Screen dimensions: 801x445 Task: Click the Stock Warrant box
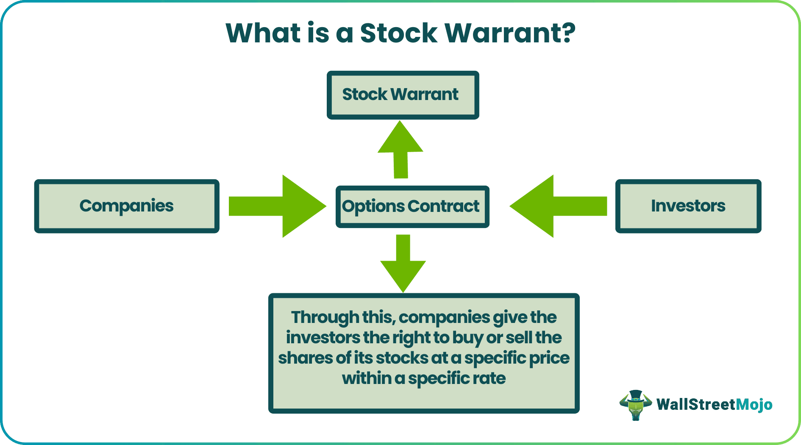tap(403, 95)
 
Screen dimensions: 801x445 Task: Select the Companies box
tap(127, 206)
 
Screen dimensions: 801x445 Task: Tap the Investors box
tap(688, 206)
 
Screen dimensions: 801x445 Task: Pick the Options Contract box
tap(412, 206)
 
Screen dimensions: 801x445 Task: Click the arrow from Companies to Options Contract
tap(278, 206)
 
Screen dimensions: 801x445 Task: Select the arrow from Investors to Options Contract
tap(558, 206)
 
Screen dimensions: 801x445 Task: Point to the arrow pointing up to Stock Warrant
tap(400, 149)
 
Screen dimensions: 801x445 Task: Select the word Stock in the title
tap(399, 33)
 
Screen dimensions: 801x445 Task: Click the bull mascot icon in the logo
tap(635, 405)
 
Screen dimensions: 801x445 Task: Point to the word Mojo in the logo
tap(754, 405)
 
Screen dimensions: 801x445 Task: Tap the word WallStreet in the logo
tap(696, 404)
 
